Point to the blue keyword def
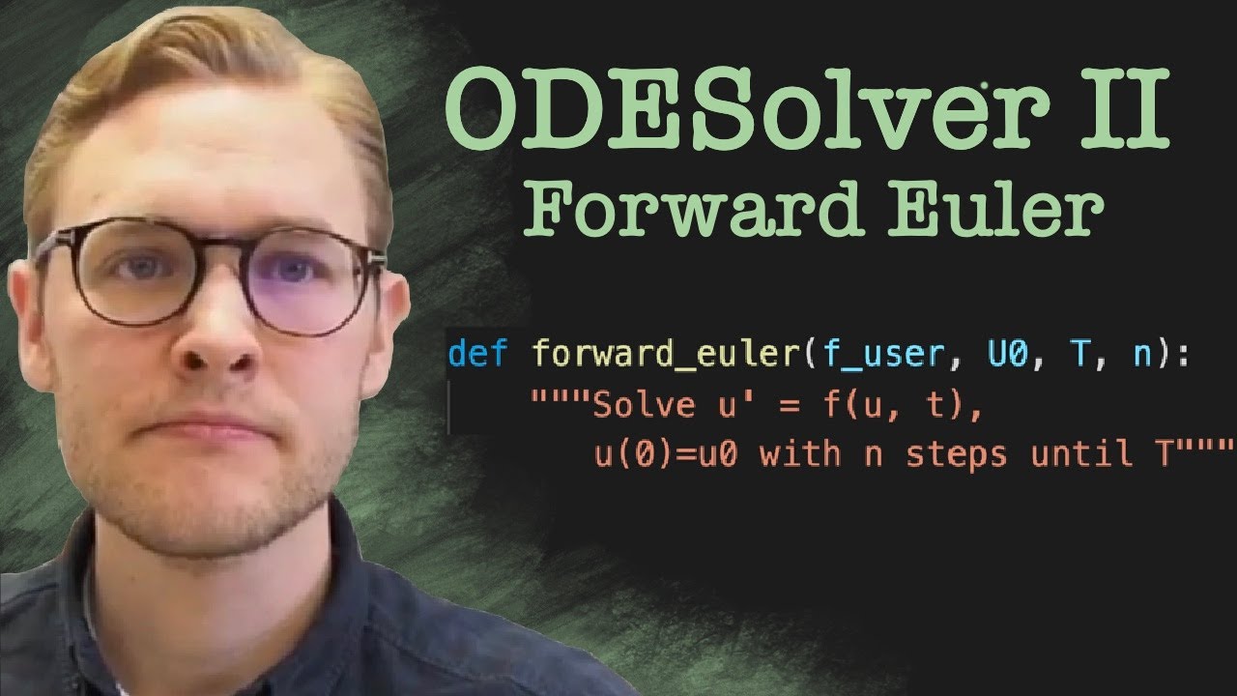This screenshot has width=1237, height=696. pos(477,355)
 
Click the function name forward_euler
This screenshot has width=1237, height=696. pos(666,355)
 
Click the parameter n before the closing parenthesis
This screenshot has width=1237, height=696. pos(1142,355)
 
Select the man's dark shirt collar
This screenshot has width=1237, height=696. pos(106,580)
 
